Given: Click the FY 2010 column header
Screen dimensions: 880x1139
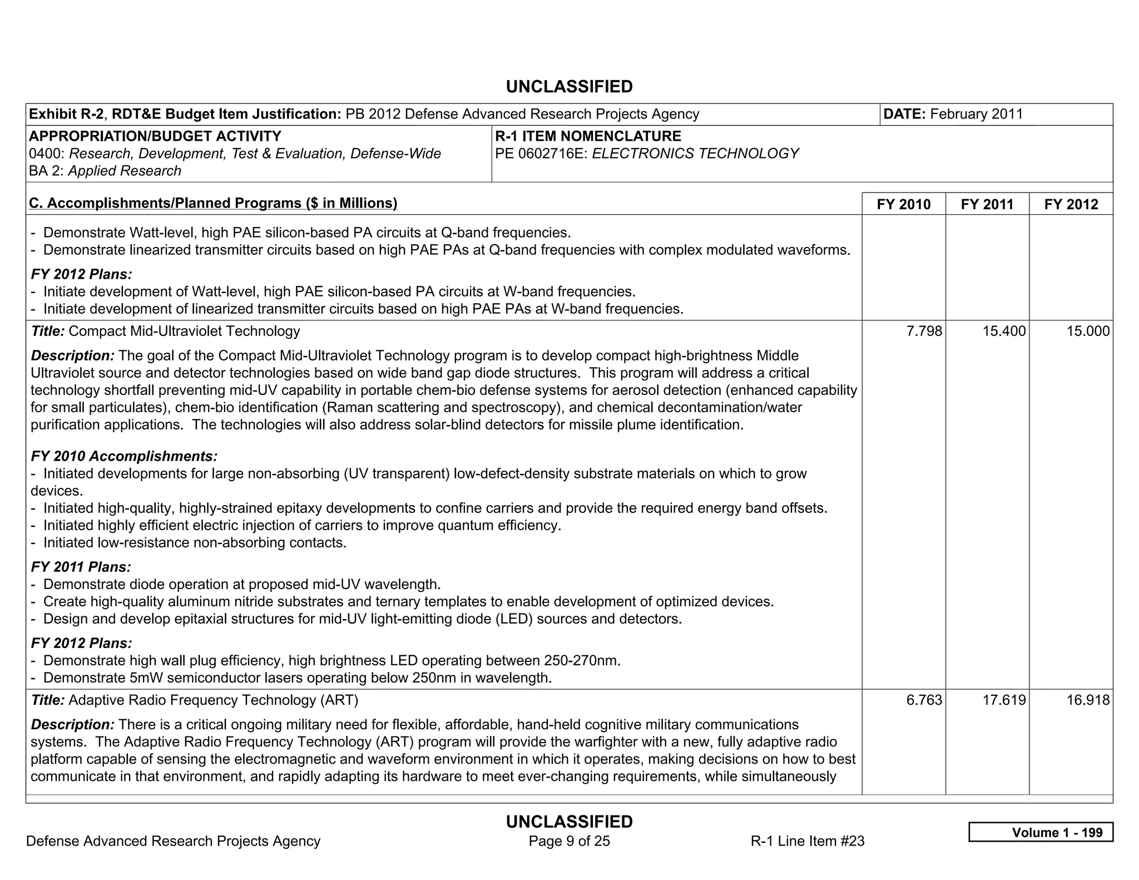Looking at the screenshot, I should (x=903, y=204).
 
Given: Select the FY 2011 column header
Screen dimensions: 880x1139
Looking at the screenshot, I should (x=987, y=204).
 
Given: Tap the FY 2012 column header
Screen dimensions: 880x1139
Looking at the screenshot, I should (x=1071, y=204).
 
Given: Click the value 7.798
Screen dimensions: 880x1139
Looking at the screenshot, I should (x=924, y=332).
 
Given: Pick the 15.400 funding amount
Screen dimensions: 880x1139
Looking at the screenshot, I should (x=1004, y=332).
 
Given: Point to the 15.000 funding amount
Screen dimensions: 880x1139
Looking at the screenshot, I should (x=1087, y=332).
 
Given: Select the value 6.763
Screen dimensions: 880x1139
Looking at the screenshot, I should (x=924, y=700).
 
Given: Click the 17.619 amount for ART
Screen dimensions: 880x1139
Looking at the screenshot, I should (x=1004, y=700).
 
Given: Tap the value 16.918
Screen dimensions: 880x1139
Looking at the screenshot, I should (x=1087, y=700).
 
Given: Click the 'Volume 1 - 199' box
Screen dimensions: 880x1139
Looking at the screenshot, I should (x=1041, y=832).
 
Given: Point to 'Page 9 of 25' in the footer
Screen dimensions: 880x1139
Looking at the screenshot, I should (x=569, y=841).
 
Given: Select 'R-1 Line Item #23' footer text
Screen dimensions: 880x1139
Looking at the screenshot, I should (x=807, y=841).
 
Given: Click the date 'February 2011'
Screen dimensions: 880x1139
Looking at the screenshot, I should (x=976, y=114).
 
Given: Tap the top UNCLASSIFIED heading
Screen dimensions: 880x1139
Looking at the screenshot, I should (x=569, y=87).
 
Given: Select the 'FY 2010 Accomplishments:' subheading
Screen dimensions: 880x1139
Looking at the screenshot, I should (x=124, y=457).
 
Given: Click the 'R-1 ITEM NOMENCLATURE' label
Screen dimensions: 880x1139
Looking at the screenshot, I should (x=588, y=136).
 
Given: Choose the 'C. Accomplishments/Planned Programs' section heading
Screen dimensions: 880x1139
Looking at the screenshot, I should (x=213, y=203).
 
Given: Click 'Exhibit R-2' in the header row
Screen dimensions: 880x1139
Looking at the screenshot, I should (x=66, y=114).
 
